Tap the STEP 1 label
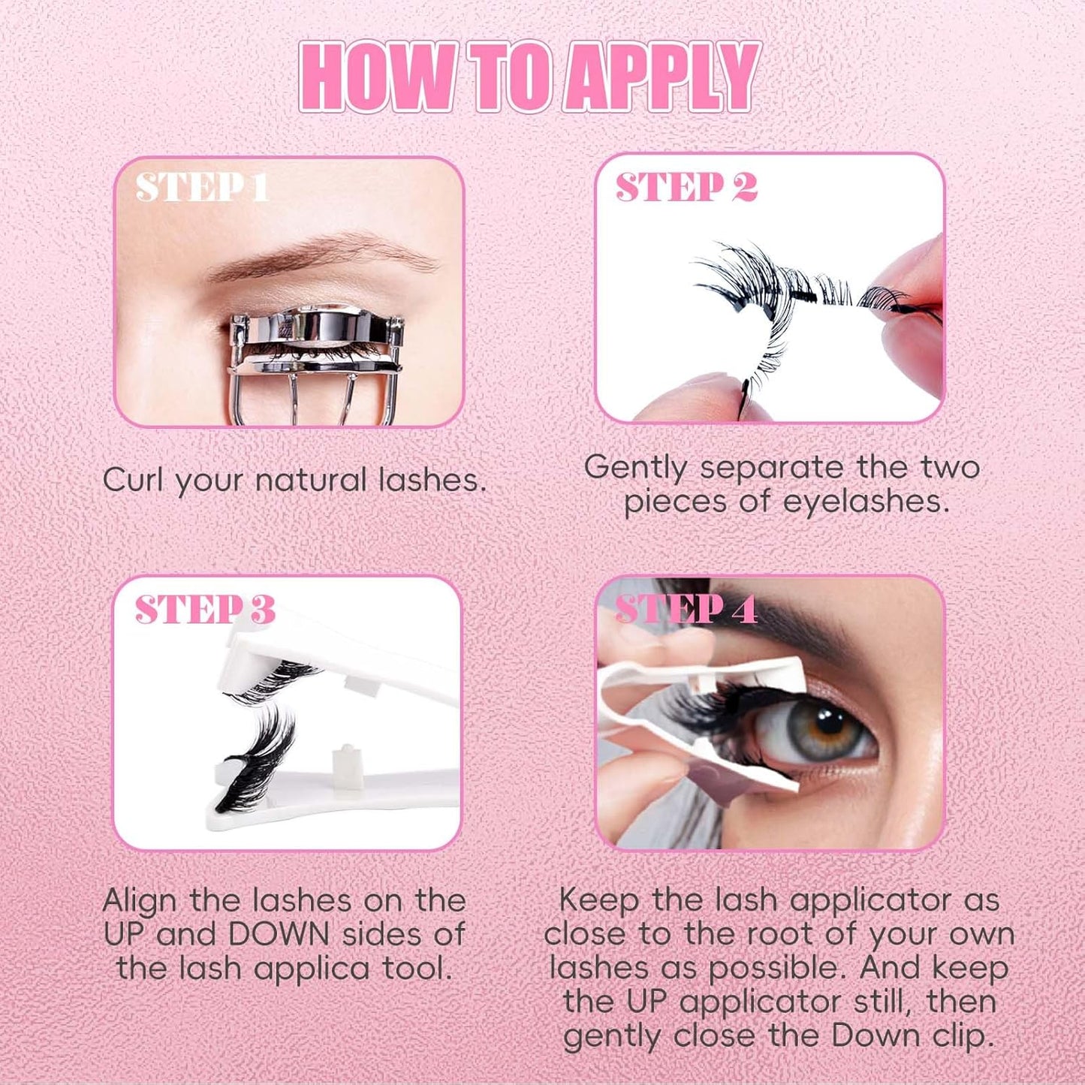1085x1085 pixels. pos(202,187)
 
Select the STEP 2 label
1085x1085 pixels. pos(686,187)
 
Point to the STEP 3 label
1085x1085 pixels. pos(205,609)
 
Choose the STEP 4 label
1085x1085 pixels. pos(686,609)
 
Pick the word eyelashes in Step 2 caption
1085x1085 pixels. pos(866,502)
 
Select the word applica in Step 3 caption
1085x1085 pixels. pos(312,969)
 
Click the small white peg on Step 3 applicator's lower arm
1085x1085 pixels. pos(346,761)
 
